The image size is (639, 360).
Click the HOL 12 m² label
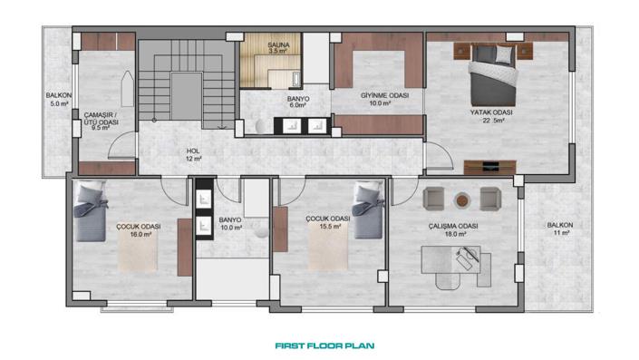pyautogui.click(x=193, y=154)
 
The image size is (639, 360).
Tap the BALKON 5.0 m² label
pyautogui.click(x=60, y=100)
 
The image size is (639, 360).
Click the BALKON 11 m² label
pyautogui.click(x=558, y=229)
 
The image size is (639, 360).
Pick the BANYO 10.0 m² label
pyautogui.click(x=231, y=223)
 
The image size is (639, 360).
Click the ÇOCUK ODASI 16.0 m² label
pyautogui.click(x=139, y=229)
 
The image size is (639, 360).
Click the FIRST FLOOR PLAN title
pyautogui.click(x=324, y=345)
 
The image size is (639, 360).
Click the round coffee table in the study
pyautogui.click(x=463, y=199)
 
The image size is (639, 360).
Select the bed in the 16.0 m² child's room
pyautogui.click(x=92, y=211)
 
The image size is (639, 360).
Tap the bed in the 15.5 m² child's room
pyautogui.click(x=369, y=210)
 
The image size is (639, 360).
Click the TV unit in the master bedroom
pyautogui.click(x=489, y=166)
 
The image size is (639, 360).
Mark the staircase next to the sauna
pyautogui.click(x=186, y=87)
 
